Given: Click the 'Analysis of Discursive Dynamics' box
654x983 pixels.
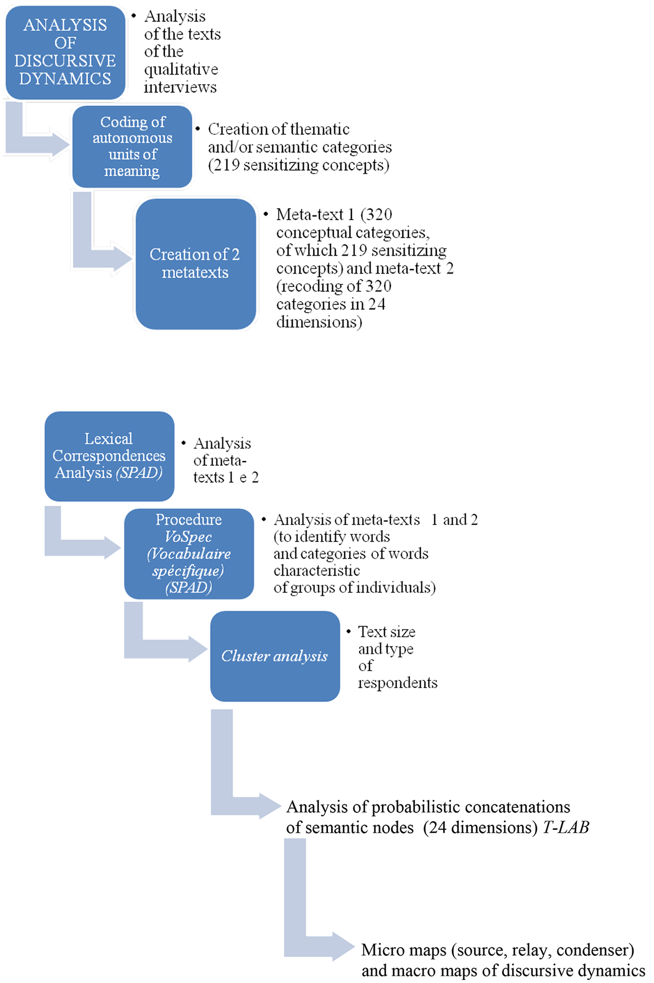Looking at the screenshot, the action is (65, 52).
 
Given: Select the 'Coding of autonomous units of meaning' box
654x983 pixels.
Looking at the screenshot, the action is (132, 147).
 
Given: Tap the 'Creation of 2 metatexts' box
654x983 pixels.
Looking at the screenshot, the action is (195, 264).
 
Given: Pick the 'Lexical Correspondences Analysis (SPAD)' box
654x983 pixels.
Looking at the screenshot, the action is (109, 456).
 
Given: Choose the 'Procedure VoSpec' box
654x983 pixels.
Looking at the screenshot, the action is (189, 553).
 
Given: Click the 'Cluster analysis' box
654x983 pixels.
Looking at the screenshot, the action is (275, 656).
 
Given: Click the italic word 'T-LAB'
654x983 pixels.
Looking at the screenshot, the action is (566, 828).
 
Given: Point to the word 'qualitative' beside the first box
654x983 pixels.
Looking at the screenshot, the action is (181, 69).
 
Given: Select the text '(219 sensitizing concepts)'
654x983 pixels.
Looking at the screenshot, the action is (298, 165).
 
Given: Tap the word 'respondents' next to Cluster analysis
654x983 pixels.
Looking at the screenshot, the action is (397, 683).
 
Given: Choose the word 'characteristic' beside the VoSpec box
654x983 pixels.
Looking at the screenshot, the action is (317, 571).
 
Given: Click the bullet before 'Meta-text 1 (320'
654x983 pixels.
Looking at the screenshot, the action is (266, 214).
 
